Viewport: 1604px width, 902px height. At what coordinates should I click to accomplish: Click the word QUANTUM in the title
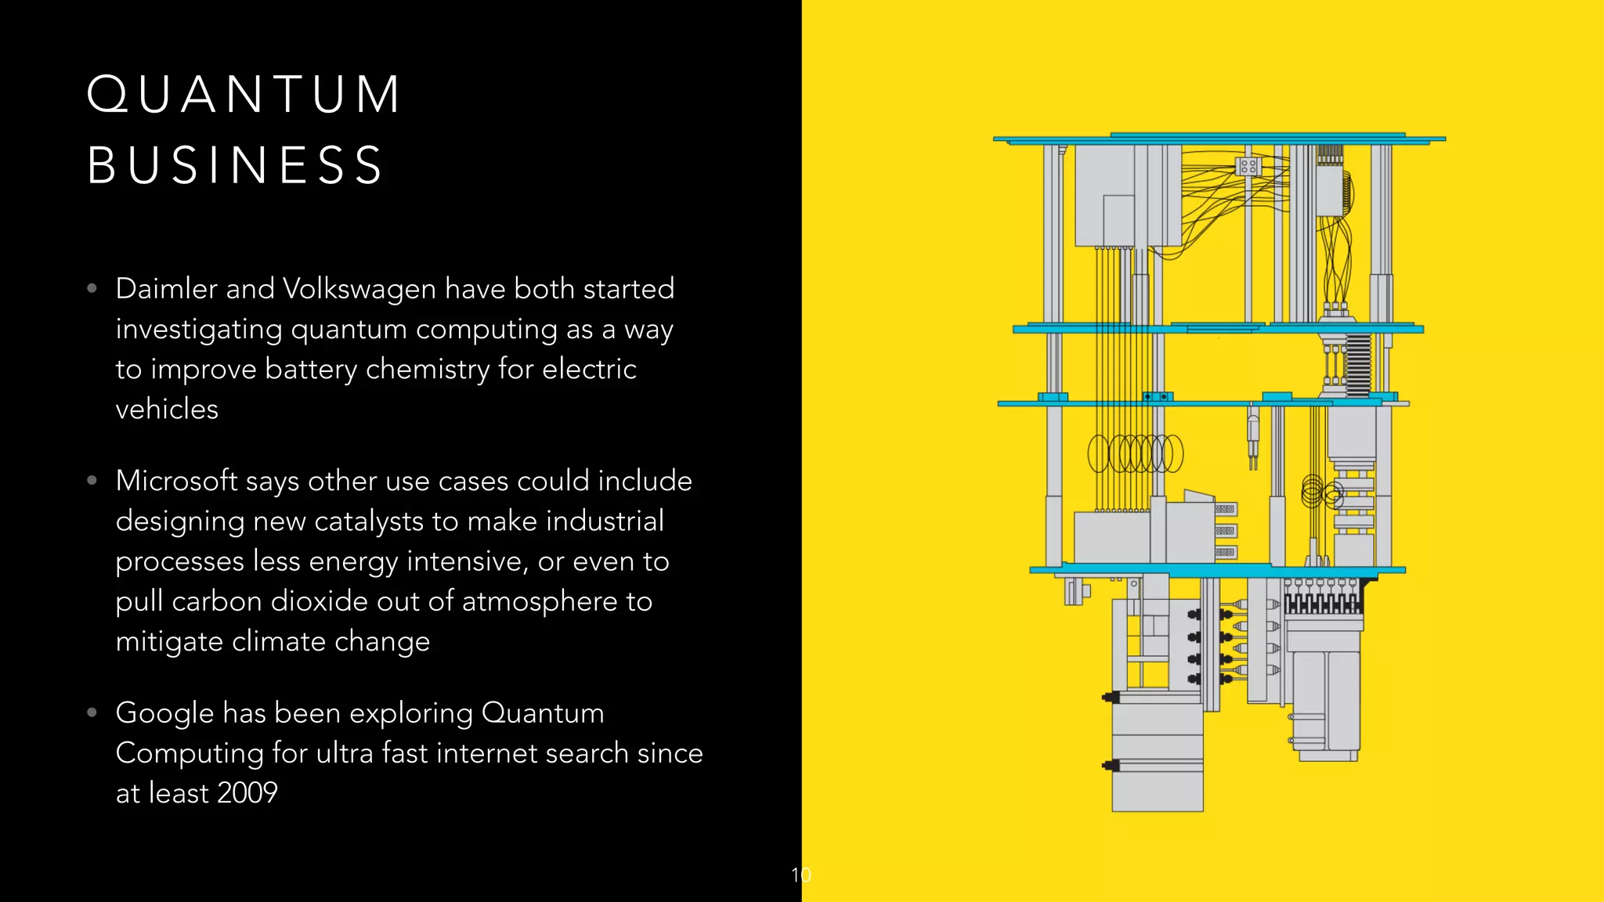[x=244, y=95]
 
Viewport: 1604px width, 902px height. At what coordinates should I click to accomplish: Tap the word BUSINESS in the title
[x=235, y=165]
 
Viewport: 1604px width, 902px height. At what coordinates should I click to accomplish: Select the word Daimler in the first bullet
[x=166, y=289]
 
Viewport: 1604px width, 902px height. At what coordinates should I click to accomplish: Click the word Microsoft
[x=176, y=481]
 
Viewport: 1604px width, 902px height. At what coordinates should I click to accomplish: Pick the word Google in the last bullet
[x=164, y=713]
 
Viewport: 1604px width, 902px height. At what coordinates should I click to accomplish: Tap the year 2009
[x=247, y=793]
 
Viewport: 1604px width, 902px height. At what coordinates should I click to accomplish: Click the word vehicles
[x=167, y=410]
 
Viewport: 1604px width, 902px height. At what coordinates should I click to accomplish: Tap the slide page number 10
[x=800, y=875]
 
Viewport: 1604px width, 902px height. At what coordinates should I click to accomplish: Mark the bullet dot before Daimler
[x=92, y=288]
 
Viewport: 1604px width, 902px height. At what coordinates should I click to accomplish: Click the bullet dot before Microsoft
[x=92, y=480]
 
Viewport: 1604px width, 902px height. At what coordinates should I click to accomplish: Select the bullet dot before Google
[x=92, y=713]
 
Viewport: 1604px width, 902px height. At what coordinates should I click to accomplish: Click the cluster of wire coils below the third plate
[x=1135, y=454]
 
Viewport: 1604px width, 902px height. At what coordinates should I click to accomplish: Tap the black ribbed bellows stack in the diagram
[x=1359, y=364]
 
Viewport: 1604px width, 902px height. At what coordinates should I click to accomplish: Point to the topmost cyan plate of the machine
[x=1219, y=139]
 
